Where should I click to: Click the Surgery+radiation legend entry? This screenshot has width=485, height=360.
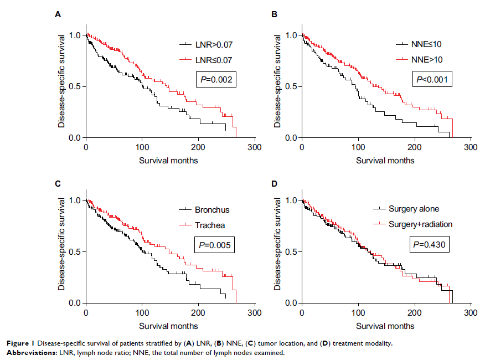click(420, 224)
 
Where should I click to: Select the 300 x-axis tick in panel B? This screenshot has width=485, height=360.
click(470, 148)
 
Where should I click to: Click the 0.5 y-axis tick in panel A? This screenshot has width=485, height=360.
click(75, 86)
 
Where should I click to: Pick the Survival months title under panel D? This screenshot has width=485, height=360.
click(385, 326)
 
